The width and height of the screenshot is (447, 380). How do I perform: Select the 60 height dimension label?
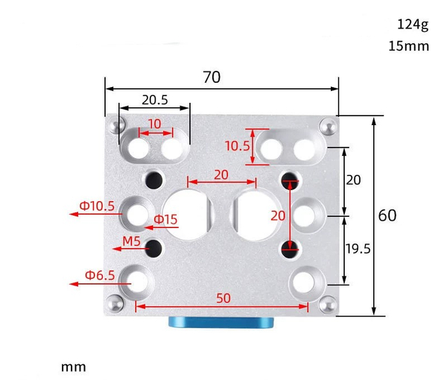tap(387, 216)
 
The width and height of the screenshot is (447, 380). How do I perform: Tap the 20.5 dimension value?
tap(154, 99)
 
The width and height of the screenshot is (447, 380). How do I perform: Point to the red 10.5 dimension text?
tap(238, 146)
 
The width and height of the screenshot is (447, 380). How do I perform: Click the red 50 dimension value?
tap(223, 297)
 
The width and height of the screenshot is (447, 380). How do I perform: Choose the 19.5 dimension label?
tap(358, 249)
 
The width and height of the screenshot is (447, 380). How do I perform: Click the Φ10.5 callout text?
tap(98, 206)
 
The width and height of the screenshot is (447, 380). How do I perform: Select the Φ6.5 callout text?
tap(99, 275)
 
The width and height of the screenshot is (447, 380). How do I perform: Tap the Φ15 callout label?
tap(165, 219)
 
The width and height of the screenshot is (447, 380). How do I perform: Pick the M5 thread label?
tap(132, 241)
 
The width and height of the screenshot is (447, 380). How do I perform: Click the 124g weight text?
tap(413, 25)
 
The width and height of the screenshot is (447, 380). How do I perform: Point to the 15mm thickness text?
tap(409, 46)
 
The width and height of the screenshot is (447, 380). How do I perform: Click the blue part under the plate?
tap(221, 323)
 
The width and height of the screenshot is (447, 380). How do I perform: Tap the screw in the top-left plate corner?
tap(115, 125)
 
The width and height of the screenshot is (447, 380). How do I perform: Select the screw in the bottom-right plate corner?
tap(327, 305)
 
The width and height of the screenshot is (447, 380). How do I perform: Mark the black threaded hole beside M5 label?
tap(155, 247)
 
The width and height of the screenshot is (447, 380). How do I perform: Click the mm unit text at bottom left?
tap(74, 367)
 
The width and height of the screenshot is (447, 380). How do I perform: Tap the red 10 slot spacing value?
tap(154, 124)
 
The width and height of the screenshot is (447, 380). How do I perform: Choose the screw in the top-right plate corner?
tap(326, 126)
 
